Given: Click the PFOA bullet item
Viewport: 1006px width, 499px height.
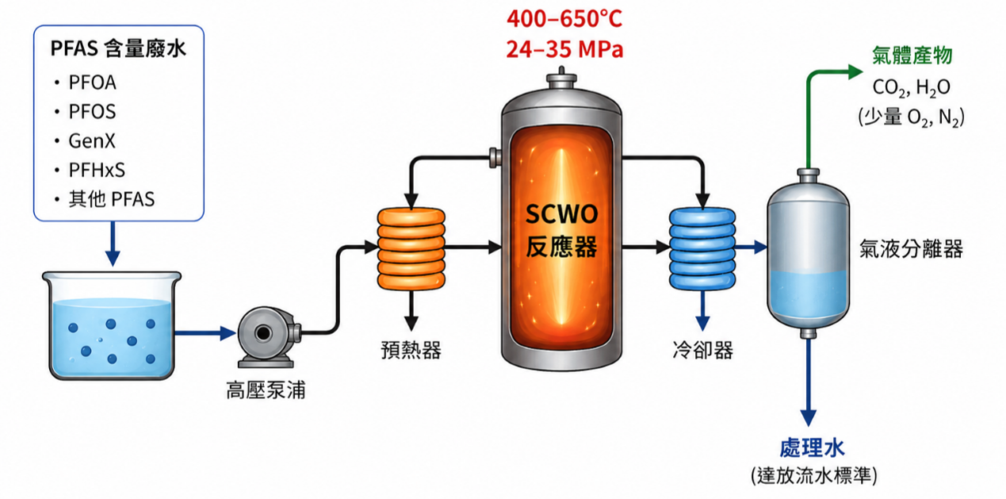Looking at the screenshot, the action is tap(92, 83).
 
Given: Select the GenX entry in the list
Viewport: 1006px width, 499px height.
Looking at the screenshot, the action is tap(92, 141).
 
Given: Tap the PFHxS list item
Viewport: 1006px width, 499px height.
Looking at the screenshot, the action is tap(97, 170).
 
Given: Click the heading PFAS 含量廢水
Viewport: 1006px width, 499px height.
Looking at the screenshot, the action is tap(118, 48).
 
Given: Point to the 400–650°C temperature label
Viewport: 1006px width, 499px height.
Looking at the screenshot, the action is tap(564, 19).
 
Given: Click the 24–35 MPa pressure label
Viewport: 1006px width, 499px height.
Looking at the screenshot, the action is tap(564, 49).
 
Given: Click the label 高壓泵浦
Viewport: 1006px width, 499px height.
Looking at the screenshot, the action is tap(266, 390).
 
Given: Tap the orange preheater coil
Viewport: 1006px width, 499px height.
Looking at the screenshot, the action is tap(411, 248).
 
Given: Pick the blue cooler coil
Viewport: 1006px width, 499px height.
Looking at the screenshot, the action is tap(702, 248).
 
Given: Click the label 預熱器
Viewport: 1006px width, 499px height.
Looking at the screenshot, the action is tap(411, 350).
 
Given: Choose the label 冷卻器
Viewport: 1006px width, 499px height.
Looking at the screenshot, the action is tap(703, 350).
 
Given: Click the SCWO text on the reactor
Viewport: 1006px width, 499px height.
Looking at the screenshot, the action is tap(562, 214).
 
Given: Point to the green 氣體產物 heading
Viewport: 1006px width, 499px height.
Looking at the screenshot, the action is tap(912, 56).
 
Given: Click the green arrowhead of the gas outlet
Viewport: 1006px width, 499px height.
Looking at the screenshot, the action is tap(855, 71).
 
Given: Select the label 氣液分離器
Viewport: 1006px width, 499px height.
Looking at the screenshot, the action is tap(911, 248).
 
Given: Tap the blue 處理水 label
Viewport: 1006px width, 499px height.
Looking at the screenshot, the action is tap(812, 447).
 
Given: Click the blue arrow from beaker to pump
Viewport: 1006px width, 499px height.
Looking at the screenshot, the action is tap(205, 333).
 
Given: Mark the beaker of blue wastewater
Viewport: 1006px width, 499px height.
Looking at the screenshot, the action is tap(112, 325).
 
